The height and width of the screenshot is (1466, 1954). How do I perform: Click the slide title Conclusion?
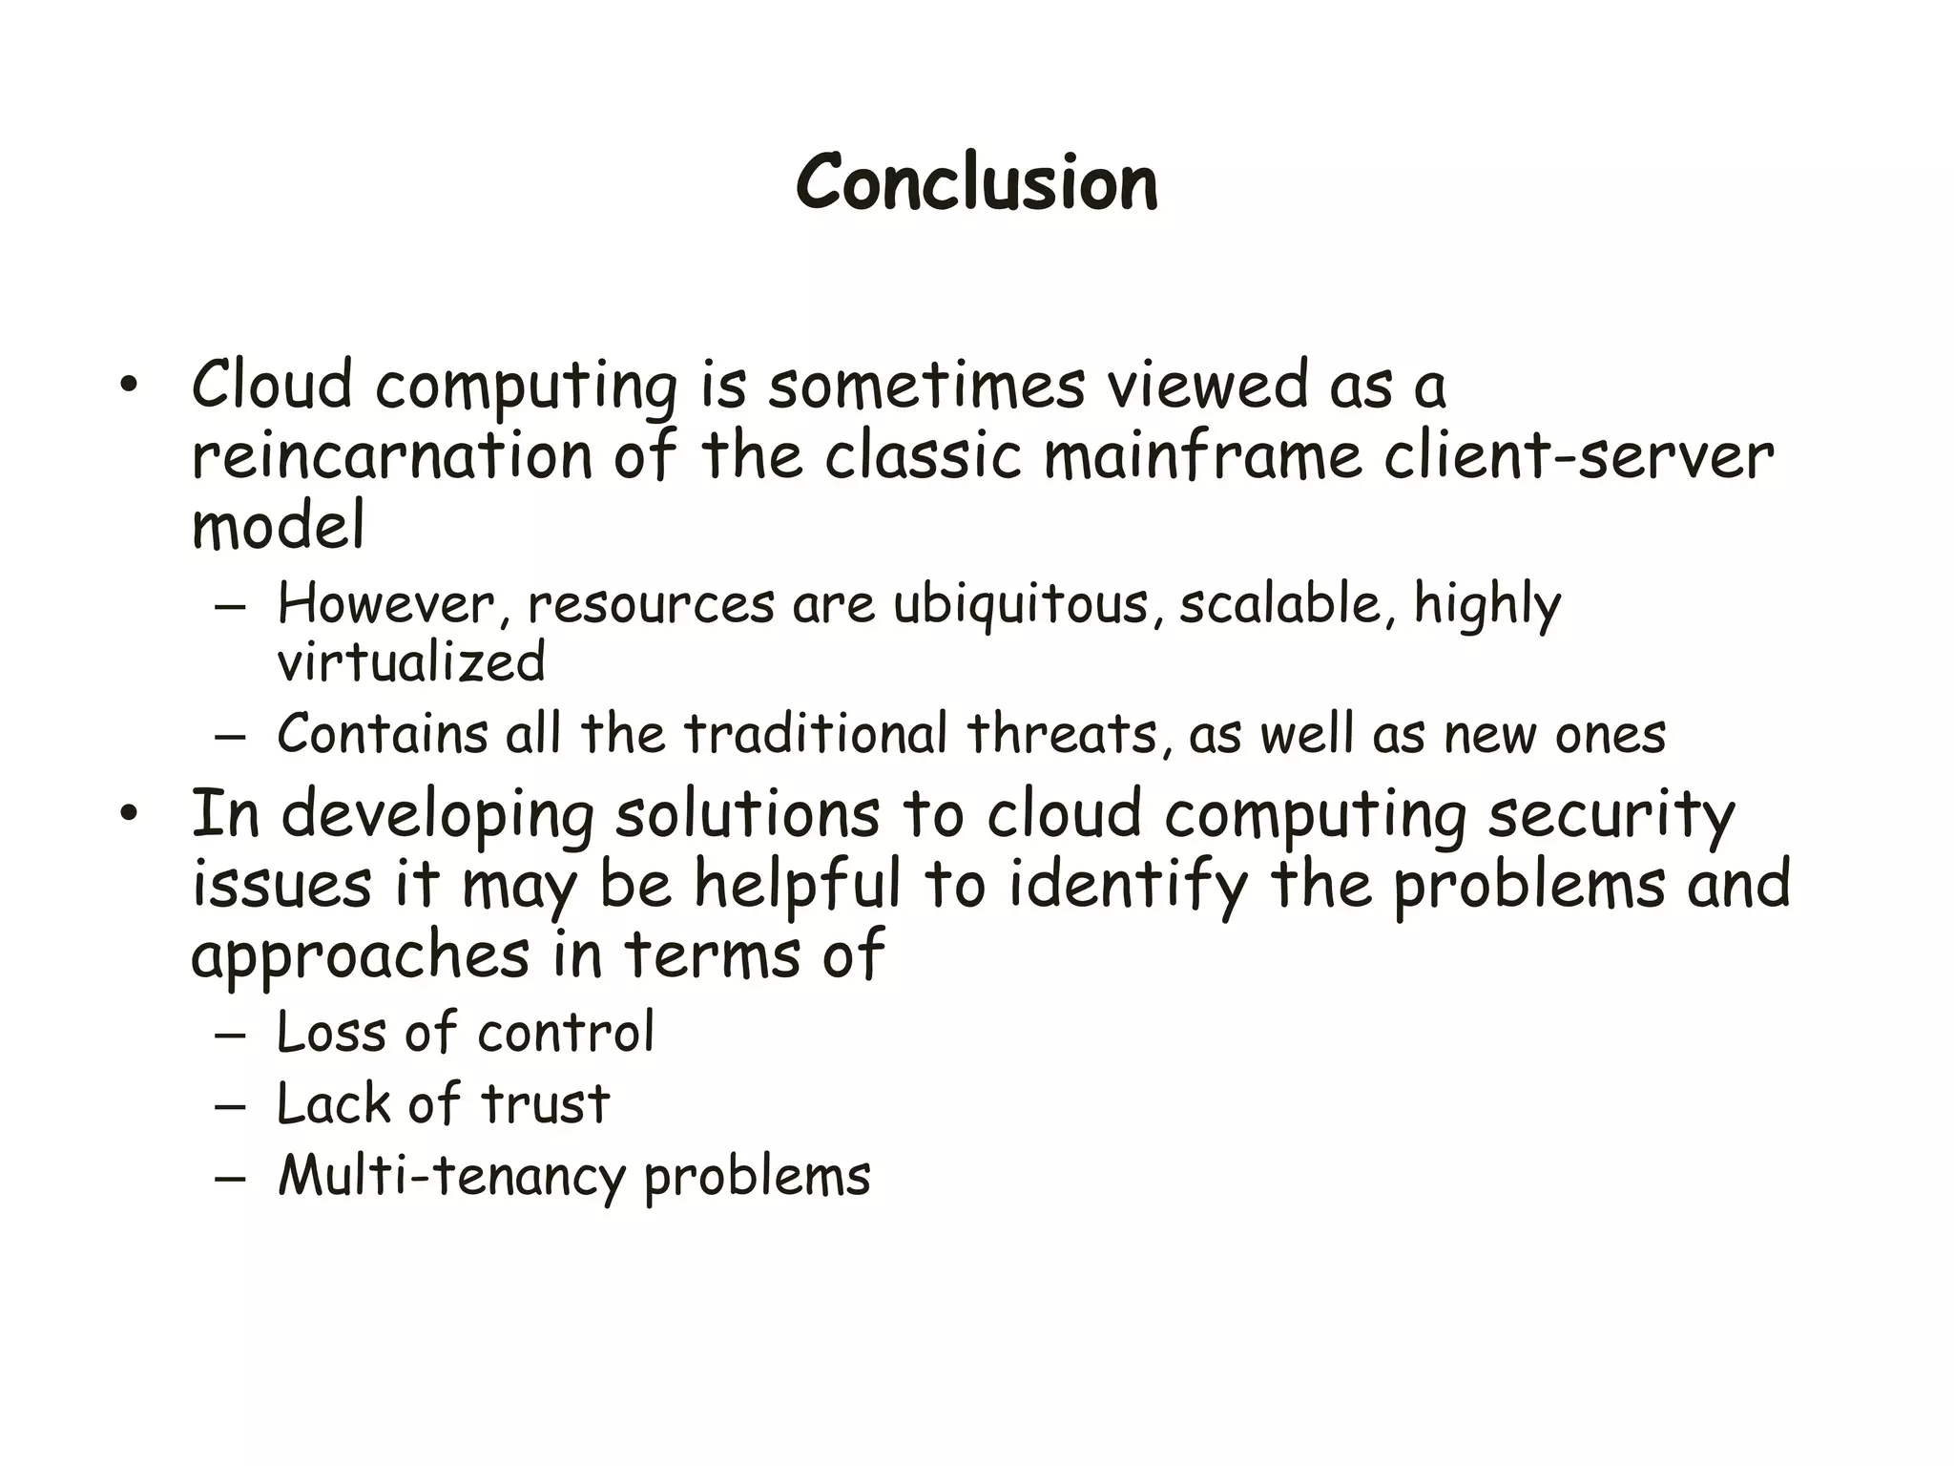point(977,182)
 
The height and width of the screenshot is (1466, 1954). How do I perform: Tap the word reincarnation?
point(391,456)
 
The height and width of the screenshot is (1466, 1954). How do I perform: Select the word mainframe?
point(1202,456)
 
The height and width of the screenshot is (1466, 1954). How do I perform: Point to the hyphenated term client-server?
point(1578,456)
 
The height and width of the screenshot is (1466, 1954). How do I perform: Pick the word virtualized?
point(411,662)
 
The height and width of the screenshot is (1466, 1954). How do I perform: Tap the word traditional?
point(816,734)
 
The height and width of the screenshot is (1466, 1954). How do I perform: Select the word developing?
point(436,817)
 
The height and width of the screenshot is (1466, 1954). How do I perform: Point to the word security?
point(1611,817)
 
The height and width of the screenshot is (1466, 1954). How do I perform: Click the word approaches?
point(360,957)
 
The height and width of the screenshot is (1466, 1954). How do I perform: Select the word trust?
point(545,1104)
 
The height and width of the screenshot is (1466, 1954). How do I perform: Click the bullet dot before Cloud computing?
point(130,386)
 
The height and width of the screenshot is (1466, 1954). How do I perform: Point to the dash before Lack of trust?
point(230,1107)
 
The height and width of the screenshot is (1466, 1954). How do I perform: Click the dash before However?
point(230,608)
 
